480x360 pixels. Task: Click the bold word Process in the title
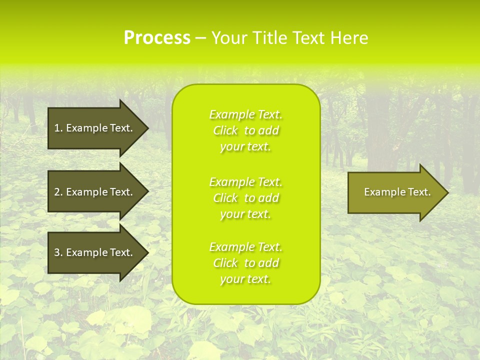(157, 38)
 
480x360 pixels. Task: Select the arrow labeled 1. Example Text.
(93, 128)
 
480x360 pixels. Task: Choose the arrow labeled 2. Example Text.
(93, 192)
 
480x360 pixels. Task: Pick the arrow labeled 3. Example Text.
(93, 252)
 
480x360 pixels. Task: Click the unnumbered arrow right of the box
(395, 192)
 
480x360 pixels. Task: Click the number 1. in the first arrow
(58, 128)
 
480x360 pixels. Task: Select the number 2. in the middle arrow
(58, 192)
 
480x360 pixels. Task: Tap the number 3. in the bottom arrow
(58, 252)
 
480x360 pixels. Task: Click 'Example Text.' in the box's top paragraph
(245, 114)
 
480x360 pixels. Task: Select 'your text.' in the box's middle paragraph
(245, 214)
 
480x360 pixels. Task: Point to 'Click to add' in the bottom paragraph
(245, 263)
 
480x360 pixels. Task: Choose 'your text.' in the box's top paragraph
(245, 146)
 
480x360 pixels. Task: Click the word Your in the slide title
(229, 38)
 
